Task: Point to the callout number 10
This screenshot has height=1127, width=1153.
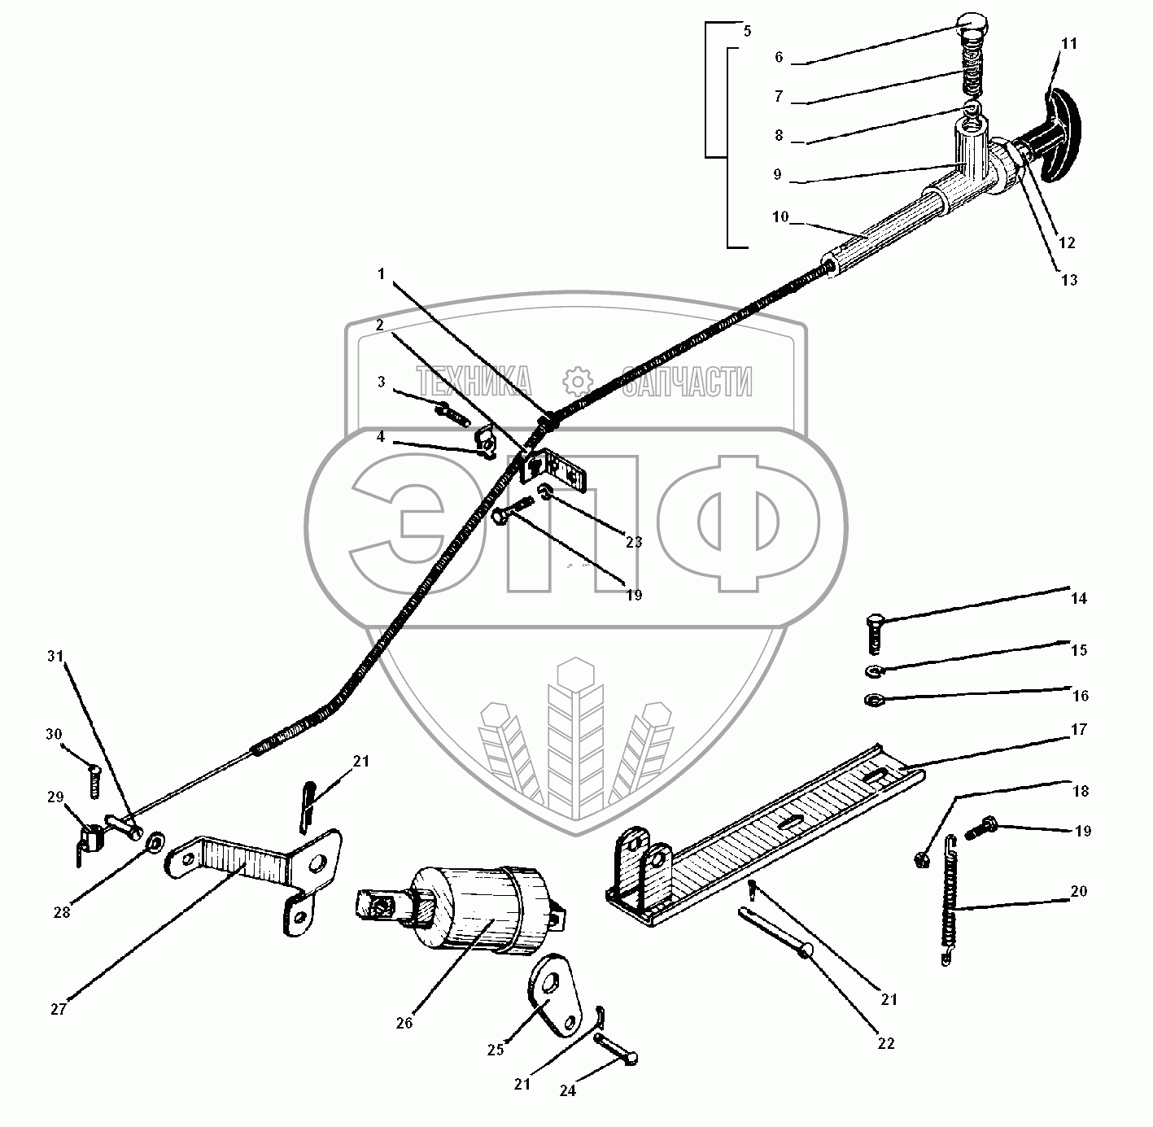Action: tap(780, 216)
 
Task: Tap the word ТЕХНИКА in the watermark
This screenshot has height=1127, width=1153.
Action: tap(474, 381)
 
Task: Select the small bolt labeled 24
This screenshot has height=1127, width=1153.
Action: tap(617, 1050)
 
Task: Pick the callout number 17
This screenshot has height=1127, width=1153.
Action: tap(1079, 730)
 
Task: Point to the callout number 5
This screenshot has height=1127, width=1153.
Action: tap(747, 32)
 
